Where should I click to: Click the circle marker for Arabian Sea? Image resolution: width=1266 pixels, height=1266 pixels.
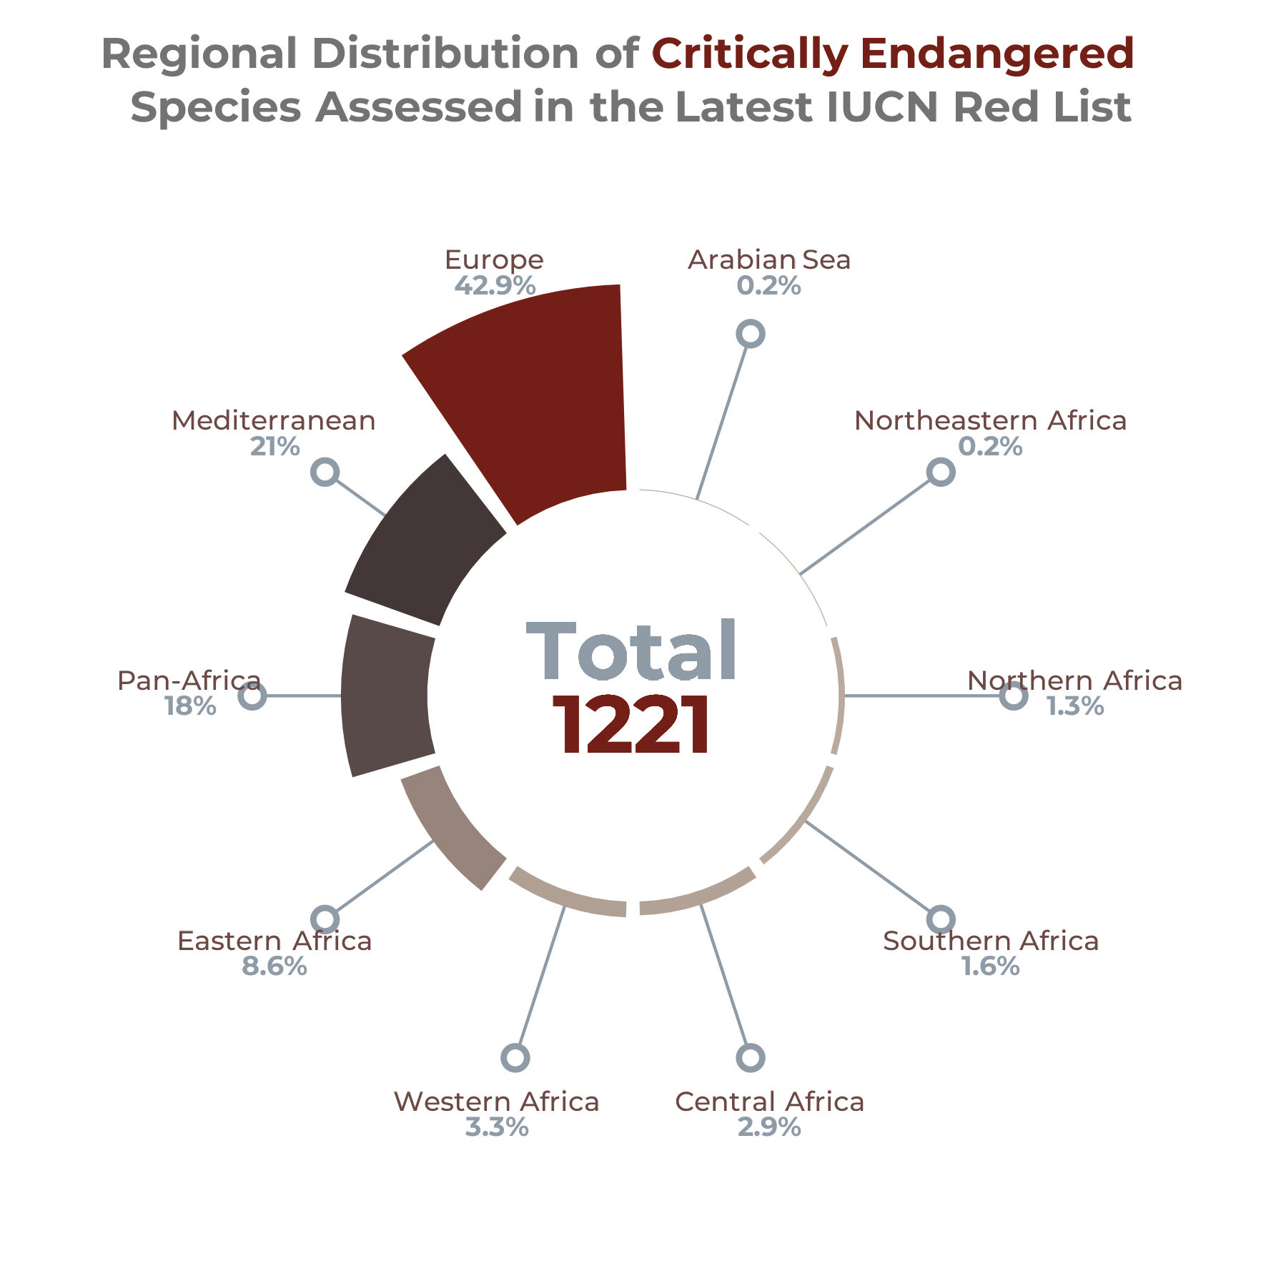[750, 334]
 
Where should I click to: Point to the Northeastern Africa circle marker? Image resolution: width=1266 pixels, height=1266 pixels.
[941, 472]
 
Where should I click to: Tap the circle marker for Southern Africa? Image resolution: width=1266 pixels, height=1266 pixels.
[941, 919]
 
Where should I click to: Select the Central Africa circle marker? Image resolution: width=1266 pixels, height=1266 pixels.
[750, 1057]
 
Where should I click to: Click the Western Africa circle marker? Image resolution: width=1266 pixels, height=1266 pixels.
[515, 1057]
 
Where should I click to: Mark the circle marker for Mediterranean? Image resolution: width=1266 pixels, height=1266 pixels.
[325, 472]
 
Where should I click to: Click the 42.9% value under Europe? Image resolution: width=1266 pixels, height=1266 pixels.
[495, 286]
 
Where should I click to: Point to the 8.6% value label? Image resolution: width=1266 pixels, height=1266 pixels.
[275, 966]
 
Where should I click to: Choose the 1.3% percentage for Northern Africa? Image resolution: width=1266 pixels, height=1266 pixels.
[1075, 706]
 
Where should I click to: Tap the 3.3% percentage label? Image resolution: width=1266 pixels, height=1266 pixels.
[497, 1127]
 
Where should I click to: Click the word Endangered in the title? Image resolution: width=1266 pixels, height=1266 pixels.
[997, 54]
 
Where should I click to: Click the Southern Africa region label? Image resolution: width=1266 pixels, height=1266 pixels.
[991, 941]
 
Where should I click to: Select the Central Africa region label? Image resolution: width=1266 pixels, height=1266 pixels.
[769, 1102]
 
